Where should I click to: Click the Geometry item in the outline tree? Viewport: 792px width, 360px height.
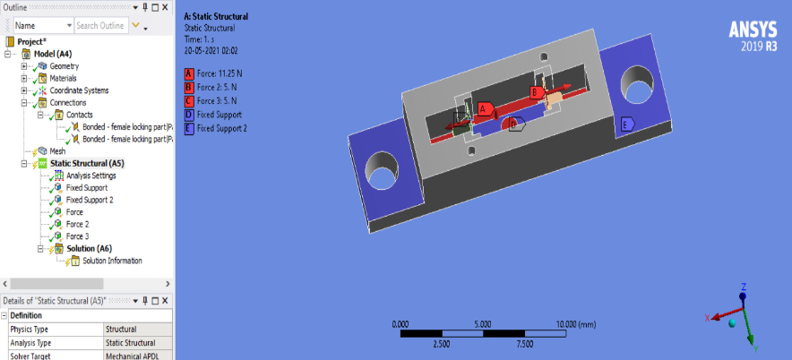point(65,66)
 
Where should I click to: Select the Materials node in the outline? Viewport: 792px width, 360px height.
point(63,78)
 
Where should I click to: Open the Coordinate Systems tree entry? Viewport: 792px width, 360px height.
point(79,90)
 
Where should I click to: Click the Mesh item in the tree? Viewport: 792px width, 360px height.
point(57,151)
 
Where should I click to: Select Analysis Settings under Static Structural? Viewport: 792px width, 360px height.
point(90,176)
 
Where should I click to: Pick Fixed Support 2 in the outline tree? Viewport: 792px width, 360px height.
point(90,200)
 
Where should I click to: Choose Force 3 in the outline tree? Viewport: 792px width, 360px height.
point(77,236)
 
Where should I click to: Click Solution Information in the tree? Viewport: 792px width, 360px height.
point(112,261)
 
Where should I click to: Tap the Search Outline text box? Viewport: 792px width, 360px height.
point(101,26)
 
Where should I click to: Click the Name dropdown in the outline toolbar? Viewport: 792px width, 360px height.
point(44,26)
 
